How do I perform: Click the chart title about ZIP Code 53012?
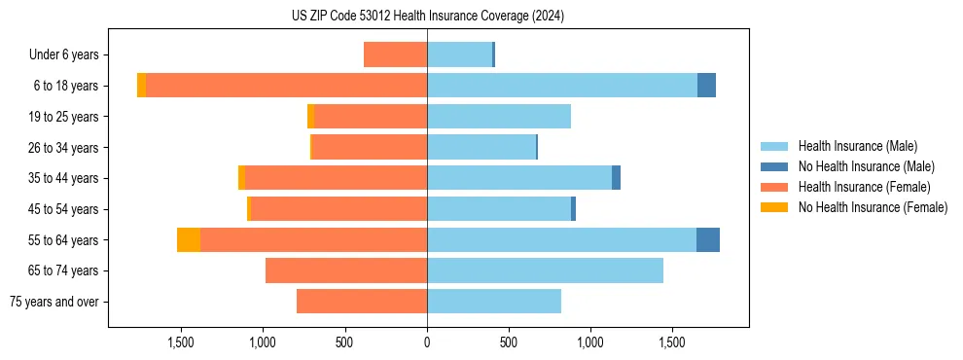428,17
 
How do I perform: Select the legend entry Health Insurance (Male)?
856,146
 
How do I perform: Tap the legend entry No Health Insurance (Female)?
873,207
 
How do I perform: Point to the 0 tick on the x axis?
427,342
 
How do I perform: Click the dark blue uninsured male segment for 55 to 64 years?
708,240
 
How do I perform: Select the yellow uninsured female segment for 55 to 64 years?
189,240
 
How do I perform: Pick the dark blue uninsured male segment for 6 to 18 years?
706,86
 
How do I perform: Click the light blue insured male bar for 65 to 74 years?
545,270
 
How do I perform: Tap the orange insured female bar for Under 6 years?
396,55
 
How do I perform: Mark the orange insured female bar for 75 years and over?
362,302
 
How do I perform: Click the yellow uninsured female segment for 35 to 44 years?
241,178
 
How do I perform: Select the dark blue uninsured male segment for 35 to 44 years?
616,178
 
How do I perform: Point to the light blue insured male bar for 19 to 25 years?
499,117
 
